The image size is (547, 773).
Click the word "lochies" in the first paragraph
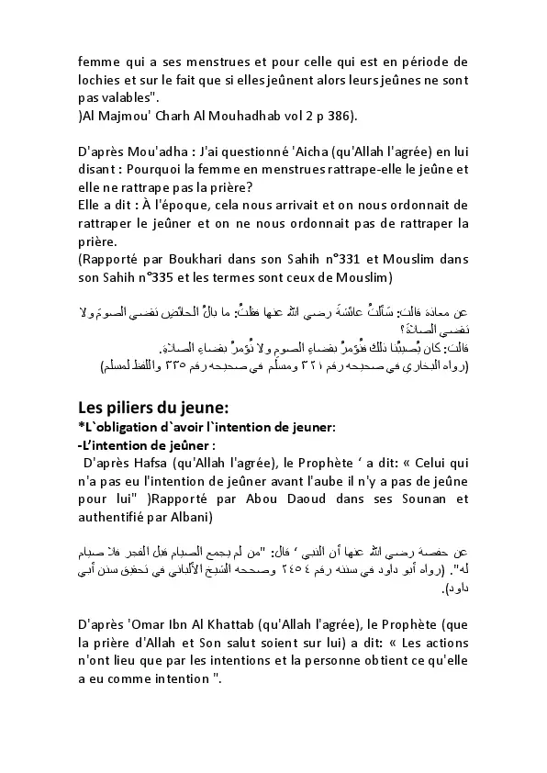(x=99, y=80)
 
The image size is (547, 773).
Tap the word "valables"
(x=131, y=97)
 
